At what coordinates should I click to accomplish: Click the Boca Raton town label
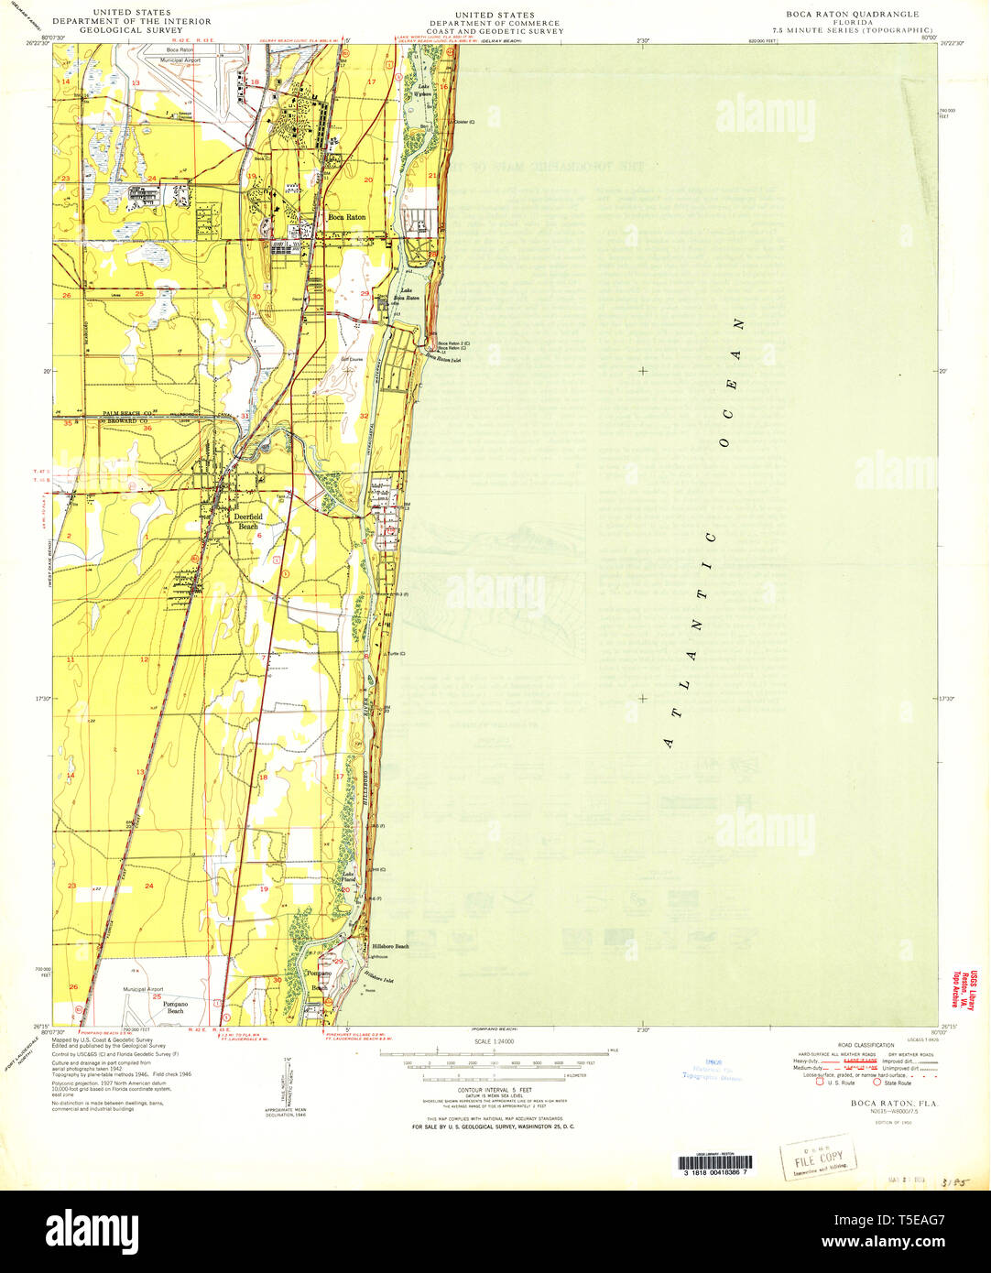(347, 217)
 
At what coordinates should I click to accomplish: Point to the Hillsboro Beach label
(390, 946)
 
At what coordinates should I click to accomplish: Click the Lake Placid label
(348, 876)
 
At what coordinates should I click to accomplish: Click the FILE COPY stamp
(812, 1159)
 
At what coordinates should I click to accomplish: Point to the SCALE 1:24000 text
(494, 1041)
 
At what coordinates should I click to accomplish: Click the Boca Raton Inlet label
(441, 359)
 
